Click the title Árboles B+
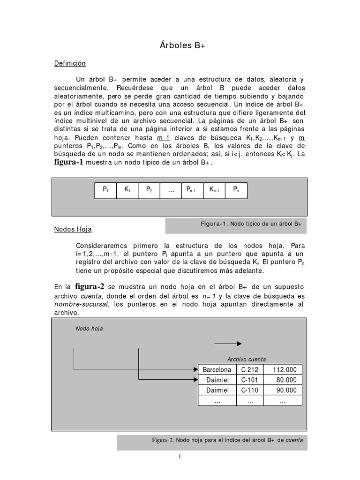pos(180,45)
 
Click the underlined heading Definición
pos(70,63)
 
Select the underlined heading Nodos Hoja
pos(73,229)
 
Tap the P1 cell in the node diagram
pos(105,190)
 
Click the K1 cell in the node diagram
pos(127,190)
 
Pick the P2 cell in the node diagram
pos(149,190)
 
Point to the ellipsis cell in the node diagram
pos(171,191)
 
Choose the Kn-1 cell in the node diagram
pos(214,190)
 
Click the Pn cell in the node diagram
pos(236,190)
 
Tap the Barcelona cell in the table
pos(217,369)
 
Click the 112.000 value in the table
pos(285,369)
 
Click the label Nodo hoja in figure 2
pos(89,329)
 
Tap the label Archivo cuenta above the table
pos(247,359)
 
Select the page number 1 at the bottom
pos(180,458)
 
